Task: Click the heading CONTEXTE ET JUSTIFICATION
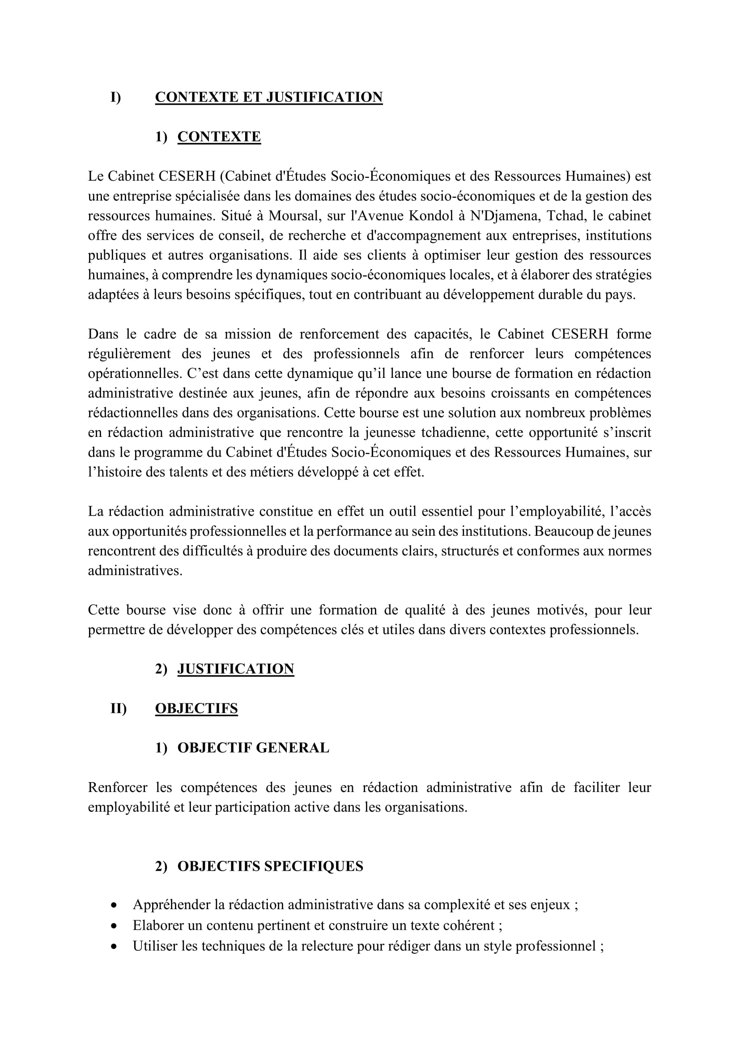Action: pos(268,97)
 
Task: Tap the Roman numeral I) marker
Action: pos(116,97)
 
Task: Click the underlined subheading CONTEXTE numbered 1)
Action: pos(219,137)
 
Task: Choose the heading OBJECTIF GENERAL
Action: pos(253,748)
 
